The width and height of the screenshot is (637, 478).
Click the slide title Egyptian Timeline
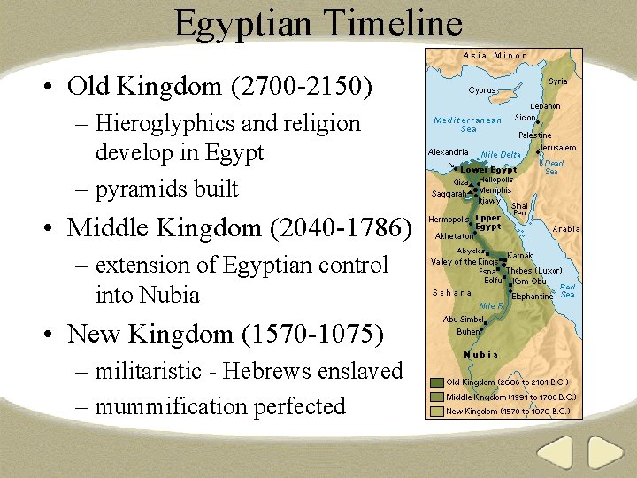pyautogui.click(x=318, y=24)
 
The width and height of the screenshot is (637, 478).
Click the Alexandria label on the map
pyautogui.click(x=448, y=152)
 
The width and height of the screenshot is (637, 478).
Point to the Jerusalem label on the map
pyautogui.click(x=557, y=148)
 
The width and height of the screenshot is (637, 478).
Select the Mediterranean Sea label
pyautogui.click(x=468, y=125)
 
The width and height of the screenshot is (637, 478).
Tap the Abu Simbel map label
pyautogui.click(x=463, y=320)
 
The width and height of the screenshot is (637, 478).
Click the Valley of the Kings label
pyautogui.click(x=464, y=262)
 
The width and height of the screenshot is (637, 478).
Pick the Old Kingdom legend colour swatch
pyautogui.click(x=436, y=383)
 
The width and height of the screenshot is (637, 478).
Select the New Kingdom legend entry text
pyautogui.click(x=508, y=411)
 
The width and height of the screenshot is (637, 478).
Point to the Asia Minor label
pyautogui.click(x=495, y=56)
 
